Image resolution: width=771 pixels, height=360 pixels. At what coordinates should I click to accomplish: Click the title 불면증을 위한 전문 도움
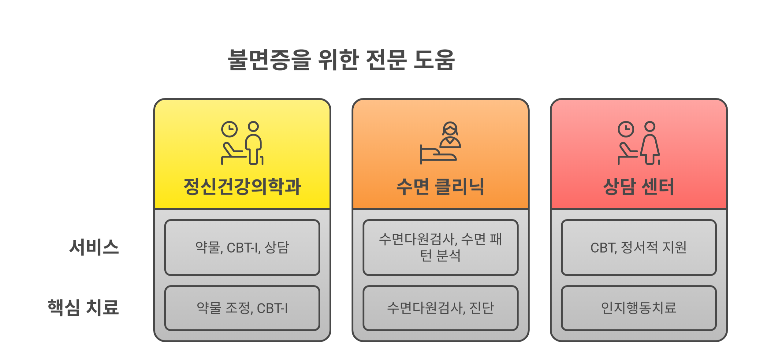[x=341, y=60]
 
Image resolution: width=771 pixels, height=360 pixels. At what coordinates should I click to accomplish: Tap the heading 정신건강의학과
[x=242, y=186]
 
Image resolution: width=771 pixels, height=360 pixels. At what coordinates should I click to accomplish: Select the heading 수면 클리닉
[x=440, y=187]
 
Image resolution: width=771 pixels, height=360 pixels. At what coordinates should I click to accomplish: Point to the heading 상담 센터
[x=639, y=187]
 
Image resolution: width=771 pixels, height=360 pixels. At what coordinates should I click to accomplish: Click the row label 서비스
[x=94, y=247]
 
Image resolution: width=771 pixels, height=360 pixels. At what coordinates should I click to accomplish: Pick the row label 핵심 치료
[x=83, y=307]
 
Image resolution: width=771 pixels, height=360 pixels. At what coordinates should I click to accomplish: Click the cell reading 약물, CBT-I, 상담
[x=242, y=247]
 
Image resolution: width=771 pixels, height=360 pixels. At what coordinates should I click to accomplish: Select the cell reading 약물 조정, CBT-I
[x=242, y=308]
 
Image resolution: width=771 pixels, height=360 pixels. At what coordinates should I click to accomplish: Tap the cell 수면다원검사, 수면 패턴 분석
[x=440, y=247]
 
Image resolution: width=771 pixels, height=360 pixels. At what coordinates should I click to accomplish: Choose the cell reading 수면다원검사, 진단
[x=440, y=308]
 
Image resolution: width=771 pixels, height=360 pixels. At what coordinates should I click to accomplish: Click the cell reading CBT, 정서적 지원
[x=639, y=247]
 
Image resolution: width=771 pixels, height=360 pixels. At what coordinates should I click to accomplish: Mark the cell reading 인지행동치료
[x=639, y=308]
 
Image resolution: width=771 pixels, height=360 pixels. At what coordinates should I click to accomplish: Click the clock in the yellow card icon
[x=229, y=129]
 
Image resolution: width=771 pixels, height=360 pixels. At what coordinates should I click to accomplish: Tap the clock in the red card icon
[x=626, y=129]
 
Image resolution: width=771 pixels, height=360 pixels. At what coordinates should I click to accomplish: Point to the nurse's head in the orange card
[x=450, y=129]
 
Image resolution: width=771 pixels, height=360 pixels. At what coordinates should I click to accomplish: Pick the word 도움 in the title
[x=434, y=60]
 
